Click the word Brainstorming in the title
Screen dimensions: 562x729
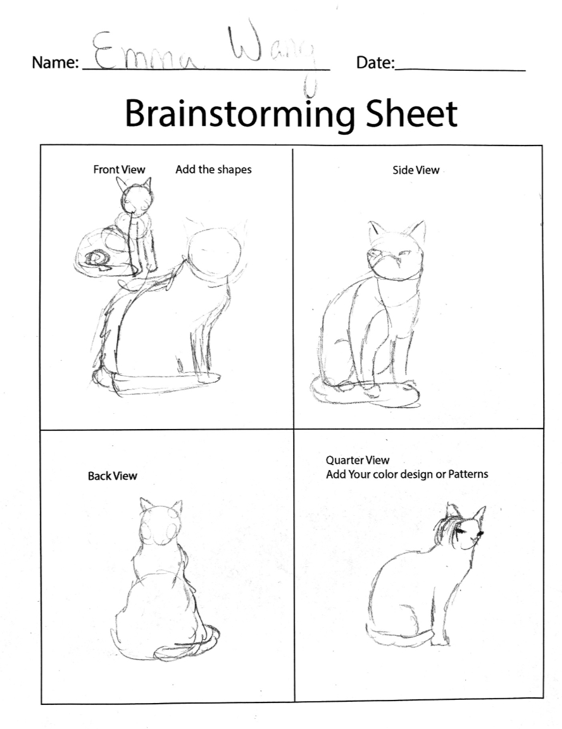click(239, 114)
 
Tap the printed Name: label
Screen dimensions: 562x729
click(55, 63)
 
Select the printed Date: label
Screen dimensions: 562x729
click(375, 62)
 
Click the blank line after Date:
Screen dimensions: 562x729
click(459, 70)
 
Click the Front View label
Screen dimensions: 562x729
click(119, 170)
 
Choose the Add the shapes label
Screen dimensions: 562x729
click(213, 170)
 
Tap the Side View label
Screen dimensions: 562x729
click(416, 170)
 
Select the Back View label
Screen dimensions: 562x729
click(113, 476)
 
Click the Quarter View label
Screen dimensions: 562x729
click(358, 460)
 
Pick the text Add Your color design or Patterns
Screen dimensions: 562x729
click(407, 474)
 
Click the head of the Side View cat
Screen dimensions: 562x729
click(396, 251)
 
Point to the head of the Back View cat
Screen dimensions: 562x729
click(161, 521)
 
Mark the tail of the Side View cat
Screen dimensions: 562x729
click(365, 393)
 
